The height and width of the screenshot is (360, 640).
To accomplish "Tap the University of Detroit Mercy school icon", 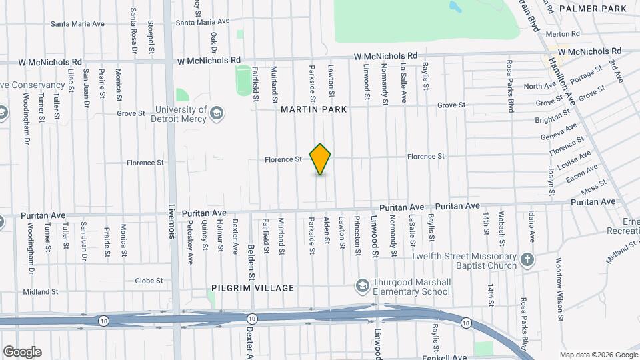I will [x=217, y=114].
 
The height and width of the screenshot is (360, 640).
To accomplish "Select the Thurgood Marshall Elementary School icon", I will [x=362, y=286].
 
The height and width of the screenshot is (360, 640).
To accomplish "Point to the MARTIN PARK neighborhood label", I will [x=314, y=109].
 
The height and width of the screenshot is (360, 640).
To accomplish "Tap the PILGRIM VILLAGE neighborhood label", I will [x=253, y=288].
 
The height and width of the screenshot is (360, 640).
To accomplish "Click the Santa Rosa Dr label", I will [x=134, y=30].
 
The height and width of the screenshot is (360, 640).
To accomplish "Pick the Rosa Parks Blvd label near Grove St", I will [x=510, y=85].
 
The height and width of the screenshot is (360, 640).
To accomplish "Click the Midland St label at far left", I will [x=40, y=292].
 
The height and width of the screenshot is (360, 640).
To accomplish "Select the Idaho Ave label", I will [x=531, y=227].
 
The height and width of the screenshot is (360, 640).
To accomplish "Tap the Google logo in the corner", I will [x=22, y=352].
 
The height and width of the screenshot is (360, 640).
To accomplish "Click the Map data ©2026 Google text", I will [x=597, y=355].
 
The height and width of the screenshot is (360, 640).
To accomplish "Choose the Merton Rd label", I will [x=563, y=34].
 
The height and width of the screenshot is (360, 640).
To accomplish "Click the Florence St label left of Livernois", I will [x=145, y=163].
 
